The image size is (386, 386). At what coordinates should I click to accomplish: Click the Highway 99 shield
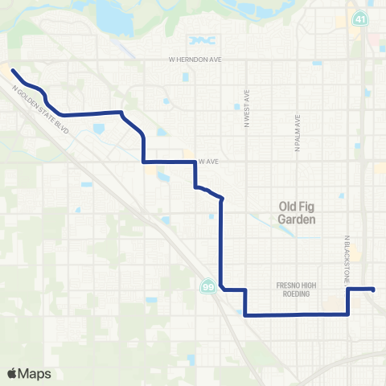click(x=207, y=287)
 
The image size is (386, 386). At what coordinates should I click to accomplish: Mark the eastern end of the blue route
click(x=374, y=289)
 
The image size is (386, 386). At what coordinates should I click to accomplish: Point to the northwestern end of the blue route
click(x=13, y=76)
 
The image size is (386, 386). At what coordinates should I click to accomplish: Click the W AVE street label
click(x=210, y=161)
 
